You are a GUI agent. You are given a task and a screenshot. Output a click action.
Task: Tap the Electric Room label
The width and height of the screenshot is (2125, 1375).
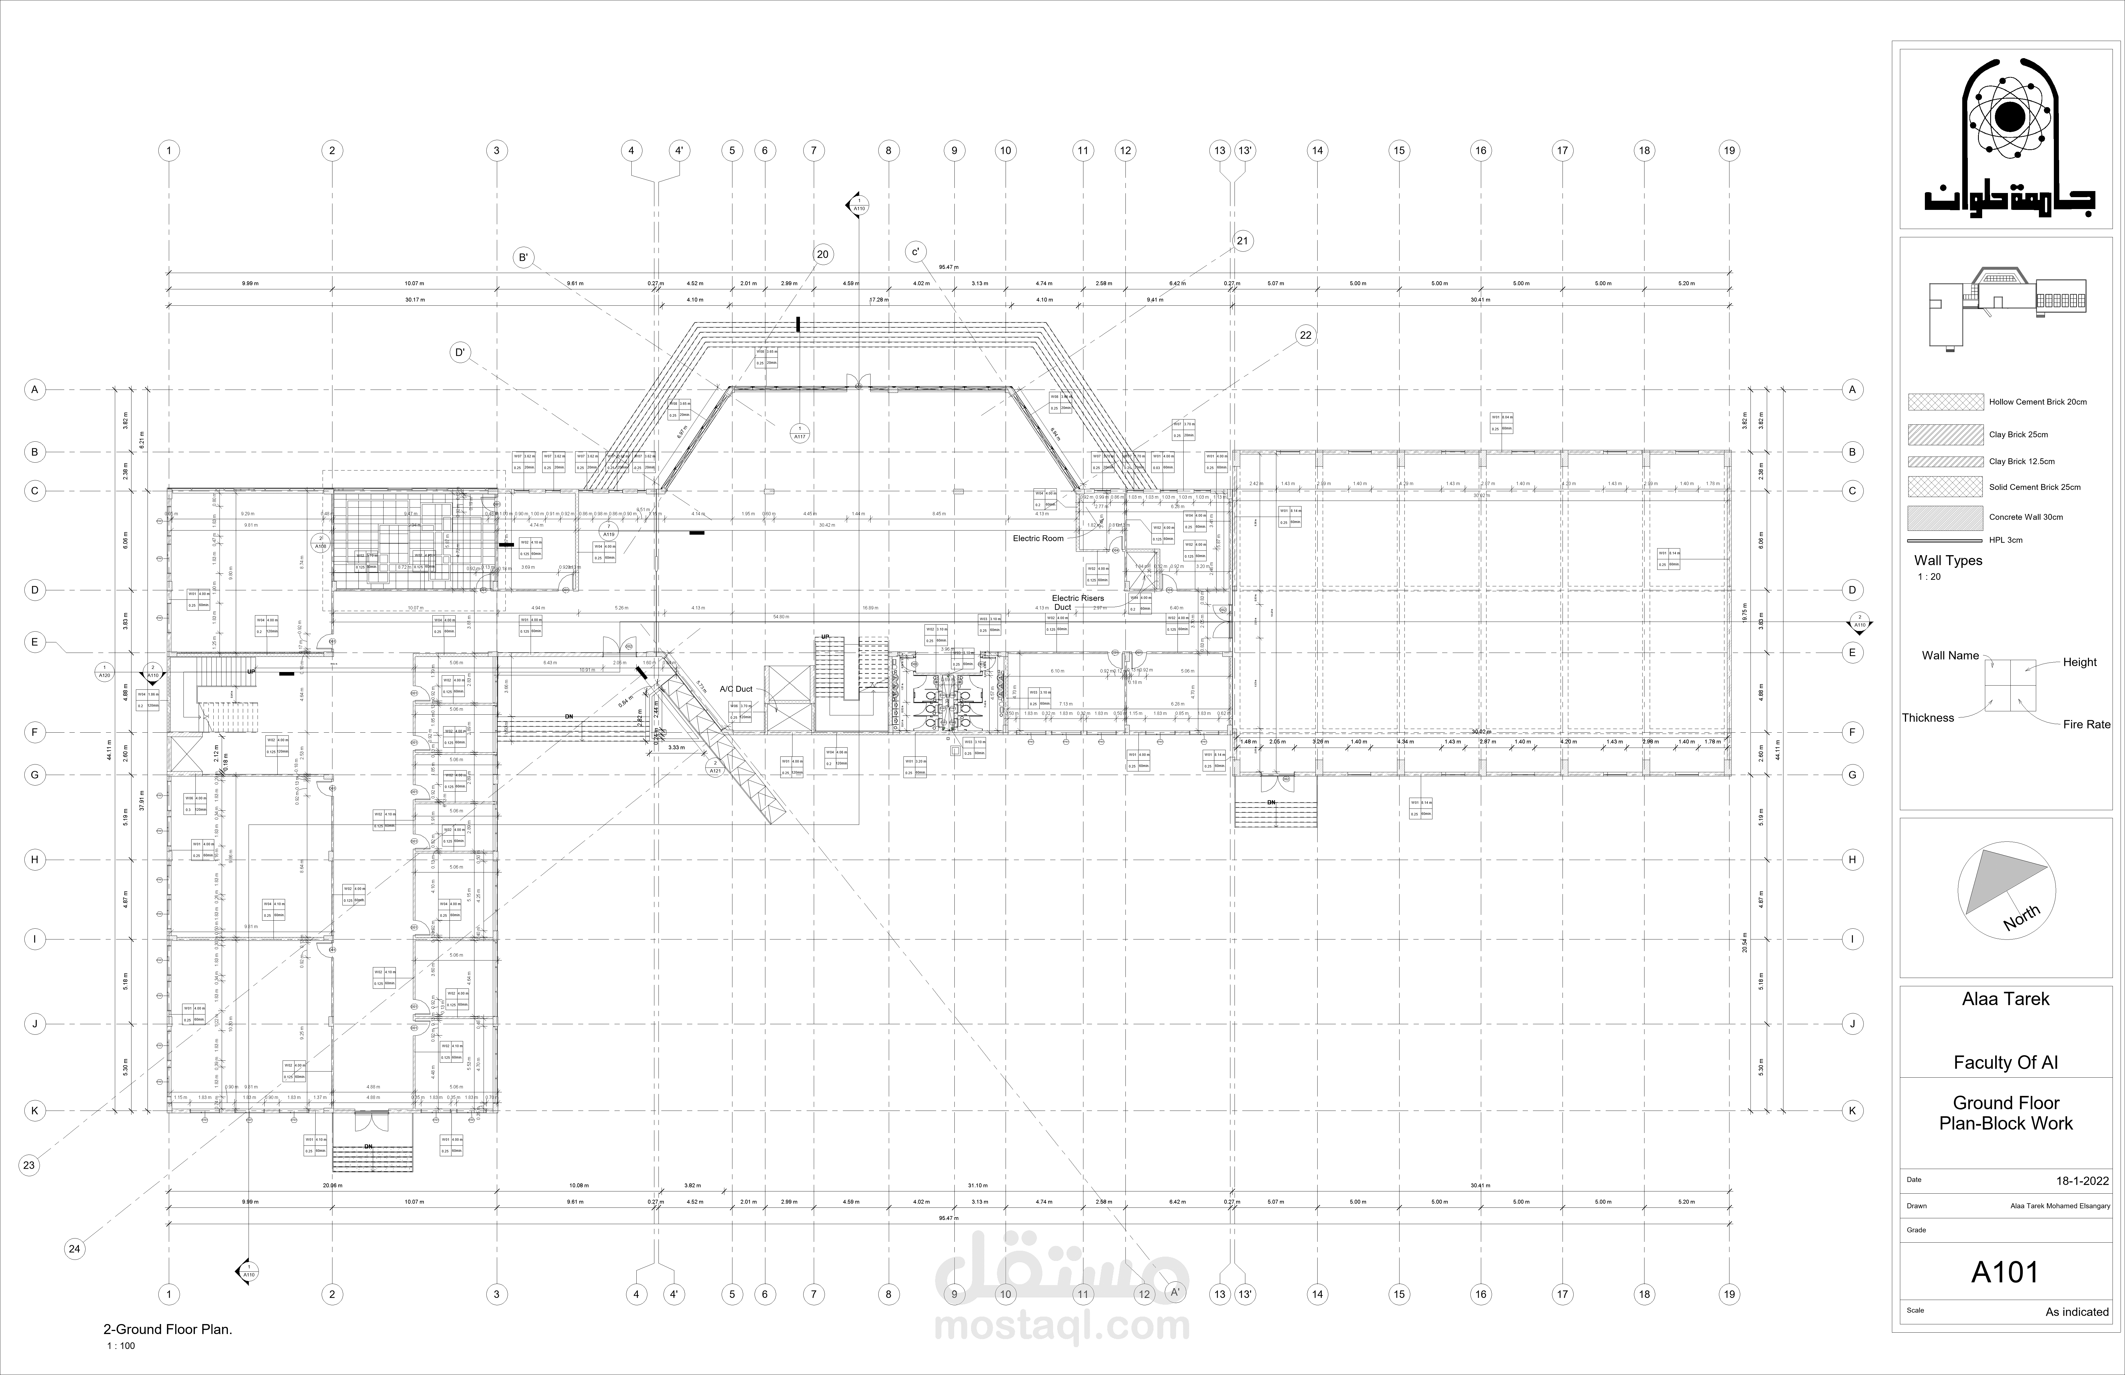(1038, 538)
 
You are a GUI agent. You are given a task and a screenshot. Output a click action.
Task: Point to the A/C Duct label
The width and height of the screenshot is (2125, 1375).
(736, 689)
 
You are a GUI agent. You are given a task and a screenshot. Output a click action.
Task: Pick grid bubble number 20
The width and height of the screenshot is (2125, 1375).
(822, 254)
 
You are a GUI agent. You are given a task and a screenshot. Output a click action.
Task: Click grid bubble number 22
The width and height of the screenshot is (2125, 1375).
(1306, 336)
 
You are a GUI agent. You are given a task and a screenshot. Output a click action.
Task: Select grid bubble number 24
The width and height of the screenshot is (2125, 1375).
(74, 1249)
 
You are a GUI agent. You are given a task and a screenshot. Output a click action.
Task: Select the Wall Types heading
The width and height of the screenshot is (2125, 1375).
(1947, 561)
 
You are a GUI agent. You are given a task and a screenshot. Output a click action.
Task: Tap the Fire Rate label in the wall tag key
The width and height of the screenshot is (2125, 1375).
(2086, 724)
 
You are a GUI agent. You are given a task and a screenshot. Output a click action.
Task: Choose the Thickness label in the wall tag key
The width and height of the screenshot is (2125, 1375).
(1928, 718)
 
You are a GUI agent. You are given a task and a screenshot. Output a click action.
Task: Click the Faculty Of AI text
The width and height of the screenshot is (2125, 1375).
(2005, 1062)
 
